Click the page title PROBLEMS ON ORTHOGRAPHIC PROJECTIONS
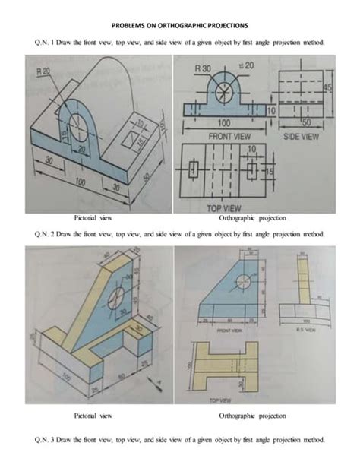(x=180, y=24)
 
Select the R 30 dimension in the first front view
(x=203, y=69)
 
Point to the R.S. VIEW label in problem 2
(x=302, y=331)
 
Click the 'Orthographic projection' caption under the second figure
(x=253, y=416)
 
